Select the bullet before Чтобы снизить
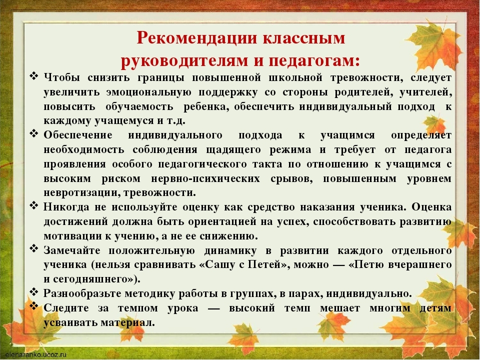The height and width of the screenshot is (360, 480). [x=33, y=75]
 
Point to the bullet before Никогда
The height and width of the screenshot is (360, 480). [x=33, y=205]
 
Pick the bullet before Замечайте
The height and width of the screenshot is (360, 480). [x=33, y=248]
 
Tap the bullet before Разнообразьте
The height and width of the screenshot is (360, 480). [x=33, y=291]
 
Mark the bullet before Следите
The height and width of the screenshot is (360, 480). [x=33, y=306]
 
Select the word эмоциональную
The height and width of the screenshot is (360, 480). [x=149, y=92]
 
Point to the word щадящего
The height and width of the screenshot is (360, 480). [x=233, y=150]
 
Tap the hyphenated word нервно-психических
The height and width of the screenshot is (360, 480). [x=205, y=178]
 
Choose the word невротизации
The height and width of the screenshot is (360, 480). [x=79, y=193]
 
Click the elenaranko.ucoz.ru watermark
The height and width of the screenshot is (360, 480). [x=36, y=355]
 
